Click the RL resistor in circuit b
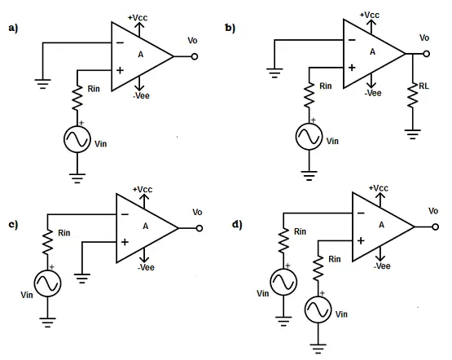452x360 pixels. pos(413,95)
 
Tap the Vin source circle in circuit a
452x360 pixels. pos(77,139)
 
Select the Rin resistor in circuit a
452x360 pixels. pos(77,98)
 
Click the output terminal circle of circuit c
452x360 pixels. pos(200,228)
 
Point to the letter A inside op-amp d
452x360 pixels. pos(381,225)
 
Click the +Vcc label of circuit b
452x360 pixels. pos(369,15)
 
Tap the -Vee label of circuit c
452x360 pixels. pos(146,267)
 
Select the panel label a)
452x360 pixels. pos(13,28)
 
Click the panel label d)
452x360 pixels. pos(237,224)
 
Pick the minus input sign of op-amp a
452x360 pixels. pos(120,43)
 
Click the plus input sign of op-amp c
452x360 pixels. pos(125,242)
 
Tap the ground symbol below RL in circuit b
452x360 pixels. pos(413,134)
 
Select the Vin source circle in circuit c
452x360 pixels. pos(47,283)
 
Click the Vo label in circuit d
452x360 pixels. pos(433,211)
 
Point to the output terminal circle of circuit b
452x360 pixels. pos(426,54)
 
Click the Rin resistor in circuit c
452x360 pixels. pos(47,242)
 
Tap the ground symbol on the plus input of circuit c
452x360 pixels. pos(82,278)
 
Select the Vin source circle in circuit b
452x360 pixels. pos(309,137)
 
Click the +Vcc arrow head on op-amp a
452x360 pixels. pos(139,24)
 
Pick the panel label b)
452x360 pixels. pos(230,28)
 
